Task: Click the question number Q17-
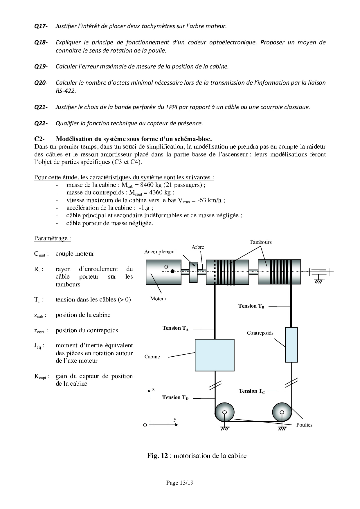point(41,26)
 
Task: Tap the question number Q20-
point(41,83)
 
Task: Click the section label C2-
point(39,139)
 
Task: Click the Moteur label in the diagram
point(158,299)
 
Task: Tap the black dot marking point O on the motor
point(172,272)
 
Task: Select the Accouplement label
point(160,252)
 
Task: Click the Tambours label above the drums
point(260,242)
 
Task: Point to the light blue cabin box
point(215,355)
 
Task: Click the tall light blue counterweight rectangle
point(291,344)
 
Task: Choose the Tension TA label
point(175,328)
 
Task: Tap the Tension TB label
point(251,306)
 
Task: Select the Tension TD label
point(175,398)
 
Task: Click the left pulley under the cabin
point(224,412)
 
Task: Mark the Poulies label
point(304,425)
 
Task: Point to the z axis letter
point(153,390)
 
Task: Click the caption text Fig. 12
point(157,456)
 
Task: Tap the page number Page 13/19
point(180,483)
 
